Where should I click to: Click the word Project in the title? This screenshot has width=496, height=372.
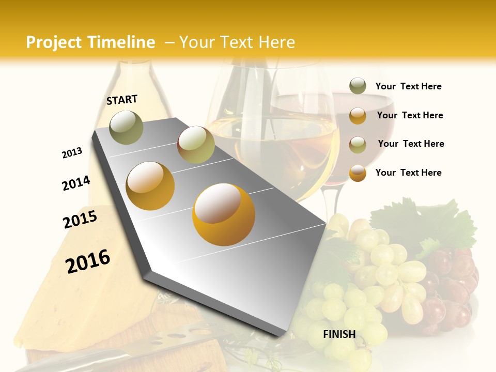tap(54, 42)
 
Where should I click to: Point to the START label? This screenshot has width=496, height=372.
tap(122, 100)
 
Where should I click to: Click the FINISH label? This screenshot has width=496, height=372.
tap(339, 334)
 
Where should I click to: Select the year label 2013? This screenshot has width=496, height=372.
tap(72, 153)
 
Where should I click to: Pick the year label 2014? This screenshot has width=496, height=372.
tap(76, 183)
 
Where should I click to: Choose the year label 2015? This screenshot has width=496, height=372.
tap(80, 220)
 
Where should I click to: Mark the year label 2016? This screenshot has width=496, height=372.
tap(88, 261)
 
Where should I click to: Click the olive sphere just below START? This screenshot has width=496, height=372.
tap(127, 127)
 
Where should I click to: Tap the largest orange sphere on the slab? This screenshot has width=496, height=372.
tap(224, 214)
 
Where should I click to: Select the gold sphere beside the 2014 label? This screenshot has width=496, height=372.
tap(150, 185)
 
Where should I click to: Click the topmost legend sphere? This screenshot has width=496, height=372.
tap(358, 86)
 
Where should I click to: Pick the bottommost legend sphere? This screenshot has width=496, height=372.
tap(358, 173)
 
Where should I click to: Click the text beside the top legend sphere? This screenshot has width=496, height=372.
tap(408, 86)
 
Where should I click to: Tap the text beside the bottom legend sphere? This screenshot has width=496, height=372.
tap(408, 173)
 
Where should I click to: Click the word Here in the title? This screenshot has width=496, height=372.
tap(276, 42)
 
